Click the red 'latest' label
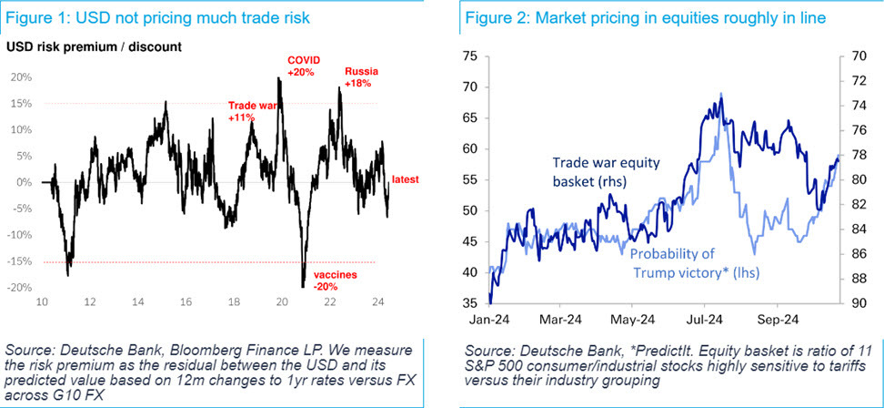tap(405, 180)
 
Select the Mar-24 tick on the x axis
tap(560, 320)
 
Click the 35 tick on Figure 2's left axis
tap(469, 303)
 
